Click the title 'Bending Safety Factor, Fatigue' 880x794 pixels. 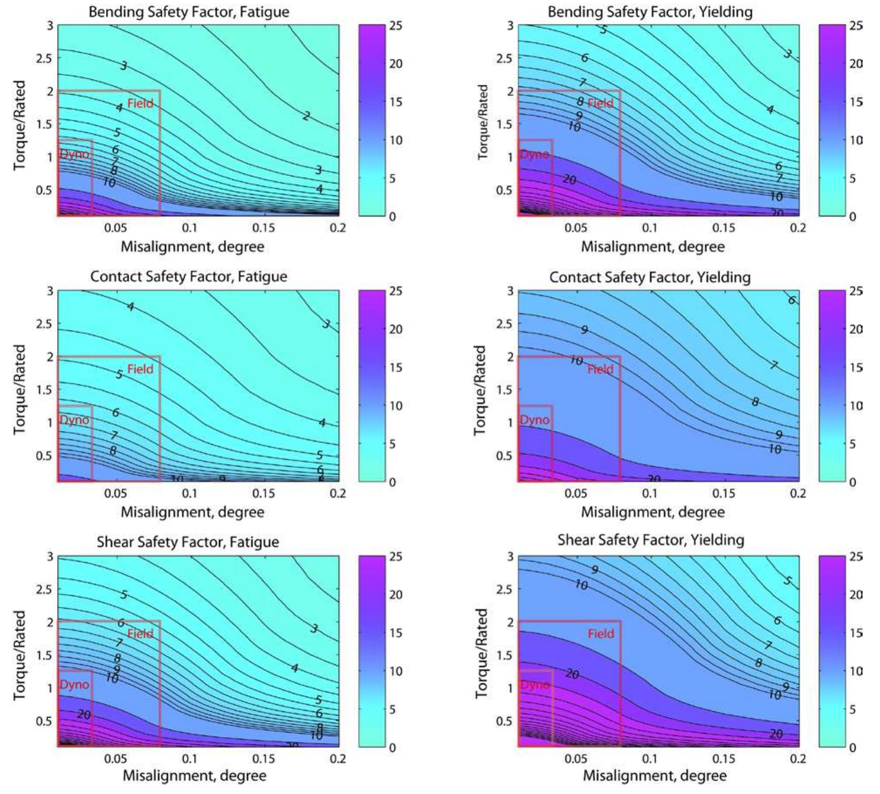[x=188, y=12]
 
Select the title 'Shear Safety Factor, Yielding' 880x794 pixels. [x=650, y=540]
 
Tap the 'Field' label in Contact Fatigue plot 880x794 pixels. [x=140, y=369]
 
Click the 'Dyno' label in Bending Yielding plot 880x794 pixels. [x=535, y=154]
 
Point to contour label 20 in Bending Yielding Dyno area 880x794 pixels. [x=569, y=179]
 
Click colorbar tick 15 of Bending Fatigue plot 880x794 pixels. [x=396, y=102]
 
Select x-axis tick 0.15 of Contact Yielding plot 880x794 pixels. [x=724, y=493]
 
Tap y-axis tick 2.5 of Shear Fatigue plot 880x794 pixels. [x=44, y=589]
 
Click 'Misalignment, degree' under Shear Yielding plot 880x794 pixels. [x=655, y=776]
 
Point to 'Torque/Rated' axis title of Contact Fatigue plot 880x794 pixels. [x=20, y=389]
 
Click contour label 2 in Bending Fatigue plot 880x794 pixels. [x=306, y=116]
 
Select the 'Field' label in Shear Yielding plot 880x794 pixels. [x=600, y=634]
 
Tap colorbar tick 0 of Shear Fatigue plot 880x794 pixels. [x=392, y=748]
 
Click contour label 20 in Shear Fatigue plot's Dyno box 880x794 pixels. [x=84, y=715]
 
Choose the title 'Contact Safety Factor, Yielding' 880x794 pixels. [x=650, y=277]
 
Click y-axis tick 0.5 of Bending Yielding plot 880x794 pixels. [x=504, y=190]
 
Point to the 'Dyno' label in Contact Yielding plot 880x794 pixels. [x=535, y=420]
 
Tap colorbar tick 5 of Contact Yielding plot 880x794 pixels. [x=853, y=444]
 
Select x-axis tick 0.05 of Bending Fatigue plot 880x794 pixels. [x=116, y=228]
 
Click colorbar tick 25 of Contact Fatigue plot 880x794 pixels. [x=396, y=291]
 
